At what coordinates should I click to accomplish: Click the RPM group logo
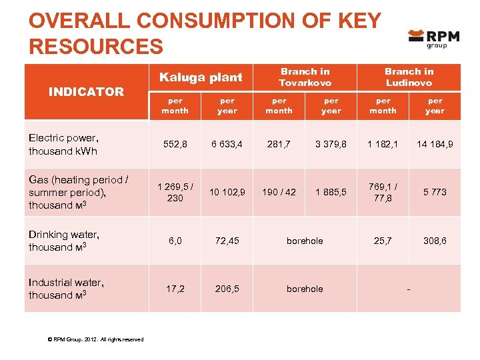tap(434, 39)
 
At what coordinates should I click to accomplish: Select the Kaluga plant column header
tap(201, 77)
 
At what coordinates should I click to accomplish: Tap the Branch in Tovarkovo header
tap(305, 77)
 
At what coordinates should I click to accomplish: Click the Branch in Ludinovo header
tap(409, 77)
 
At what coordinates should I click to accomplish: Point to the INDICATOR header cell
tap(86, 92)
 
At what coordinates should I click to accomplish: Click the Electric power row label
tap(63, 144)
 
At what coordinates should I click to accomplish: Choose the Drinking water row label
tap(64, 241)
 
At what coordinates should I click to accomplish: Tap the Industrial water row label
tap(66, 289)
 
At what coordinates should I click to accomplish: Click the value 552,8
tap(175, 144)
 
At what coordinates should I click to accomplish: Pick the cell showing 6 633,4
tap(227, 144)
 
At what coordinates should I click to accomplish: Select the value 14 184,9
tap(435, 144)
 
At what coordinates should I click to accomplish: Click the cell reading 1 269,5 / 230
tap(175, 192)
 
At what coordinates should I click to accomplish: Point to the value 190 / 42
tap(279, 192)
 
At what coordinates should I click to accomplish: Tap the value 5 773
tap(435, 192)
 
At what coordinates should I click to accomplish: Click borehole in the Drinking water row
tap(305, 241)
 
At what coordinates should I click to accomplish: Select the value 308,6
tap(435, 241)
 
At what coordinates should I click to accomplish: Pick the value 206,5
tap(227, 289)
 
